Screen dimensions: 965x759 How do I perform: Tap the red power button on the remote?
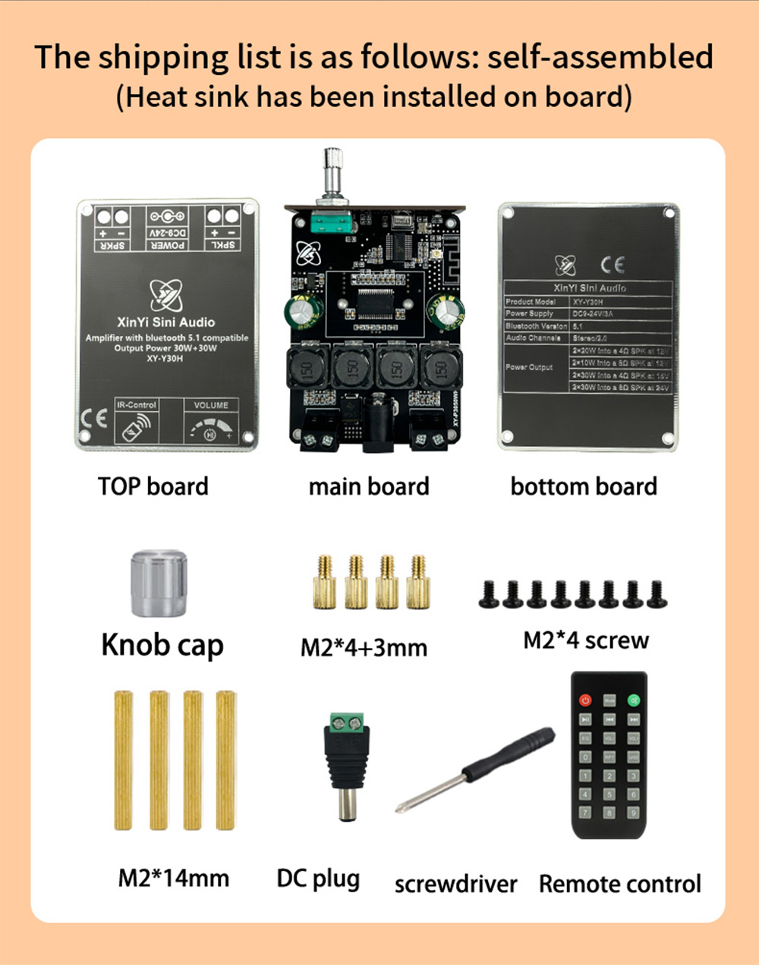[585, 699]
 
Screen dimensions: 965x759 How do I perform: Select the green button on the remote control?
[634, 699]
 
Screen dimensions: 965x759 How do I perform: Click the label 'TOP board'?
[153, 486]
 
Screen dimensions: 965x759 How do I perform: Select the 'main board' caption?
[369, 486]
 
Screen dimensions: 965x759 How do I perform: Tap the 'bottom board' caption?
[584, 486]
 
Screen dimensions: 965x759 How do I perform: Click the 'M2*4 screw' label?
[586, 640]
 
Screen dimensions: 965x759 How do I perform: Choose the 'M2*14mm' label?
[173, 878]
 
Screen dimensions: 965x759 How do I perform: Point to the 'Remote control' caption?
[619, 884]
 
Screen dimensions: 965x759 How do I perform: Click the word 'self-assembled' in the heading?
[600, 58]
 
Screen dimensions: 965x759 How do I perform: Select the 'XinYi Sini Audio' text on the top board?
[166, 322]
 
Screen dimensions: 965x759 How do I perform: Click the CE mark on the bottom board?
[612, 265]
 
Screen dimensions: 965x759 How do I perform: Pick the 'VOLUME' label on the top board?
[211, 405]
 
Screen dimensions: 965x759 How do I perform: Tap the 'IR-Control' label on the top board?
[137, 405]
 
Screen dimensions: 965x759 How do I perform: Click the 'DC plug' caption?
[318, 879]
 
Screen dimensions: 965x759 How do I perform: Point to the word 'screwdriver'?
[455, 884]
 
